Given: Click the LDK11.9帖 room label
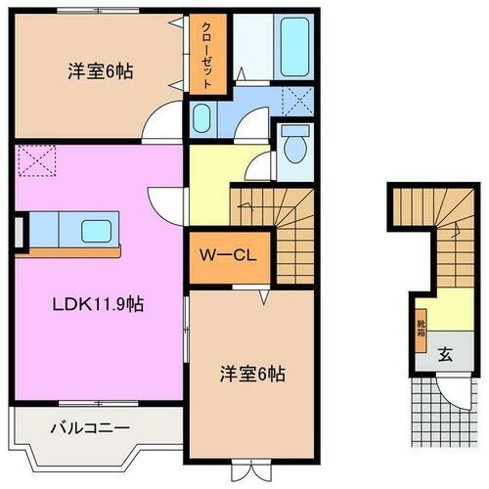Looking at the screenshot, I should tap(97, 304).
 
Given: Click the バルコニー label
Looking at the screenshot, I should tap(90, 427).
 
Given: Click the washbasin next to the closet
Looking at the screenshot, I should tap(200, 119).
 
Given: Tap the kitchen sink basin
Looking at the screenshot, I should tap(97, 232).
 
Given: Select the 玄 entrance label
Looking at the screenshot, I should tap(444, 355).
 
